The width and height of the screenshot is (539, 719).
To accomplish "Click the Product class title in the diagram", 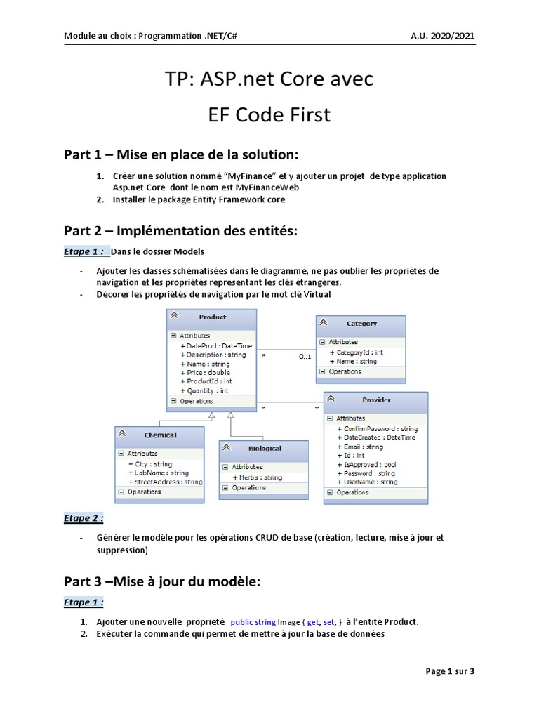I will click(212, 317).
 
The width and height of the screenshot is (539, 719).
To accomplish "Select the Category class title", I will click(361, 324).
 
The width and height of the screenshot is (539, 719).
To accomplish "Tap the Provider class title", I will click(376, 400).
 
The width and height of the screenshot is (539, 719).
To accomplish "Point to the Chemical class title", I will click(160, 435).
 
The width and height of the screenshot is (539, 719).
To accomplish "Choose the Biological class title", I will click(265, 448).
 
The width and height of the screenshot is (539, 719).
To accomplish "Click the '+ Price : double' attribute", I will click(205, 373).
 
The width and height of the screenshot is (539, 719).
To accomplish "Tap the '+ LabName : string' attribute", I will click(158, 473).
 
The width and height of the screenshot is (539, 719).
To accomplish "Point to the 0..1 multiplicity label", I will click(305, 357).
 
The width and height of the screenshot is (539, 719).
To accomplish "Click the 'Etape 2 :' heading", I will click(84, 518).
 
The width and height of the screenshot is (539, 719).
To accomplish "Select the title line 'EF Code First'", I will click(269, 115).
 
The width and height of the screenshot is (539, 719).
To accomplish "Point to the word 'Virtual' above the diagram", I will click(316, 295).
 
